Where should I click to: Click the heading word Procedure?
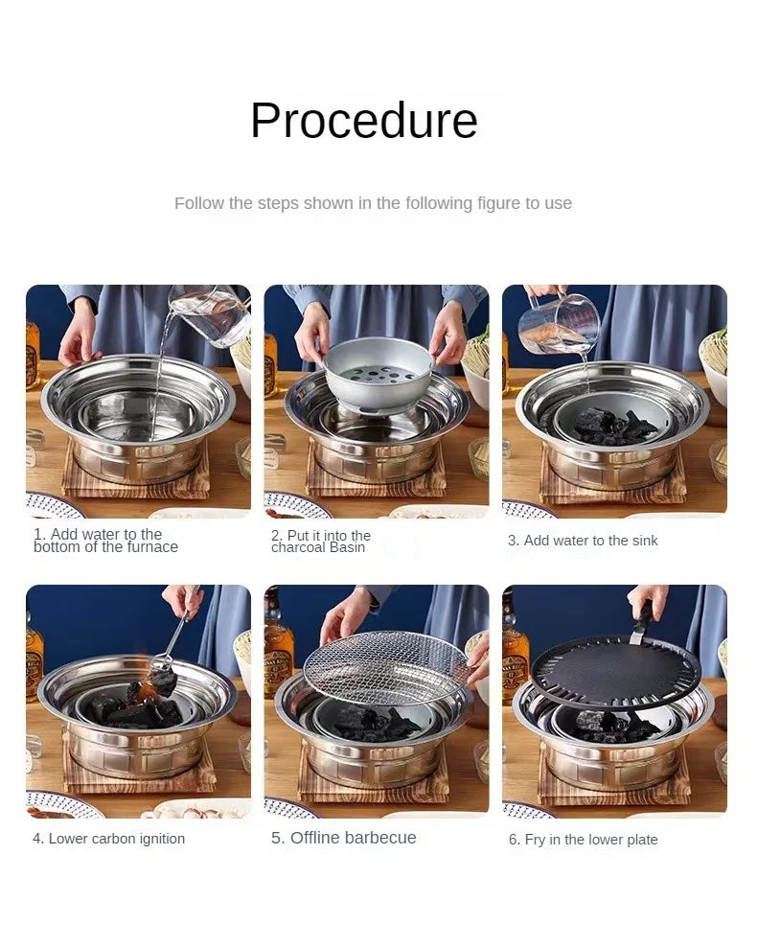tap(363, 121)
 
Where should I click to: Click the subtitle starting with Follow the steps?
tap(373, 203)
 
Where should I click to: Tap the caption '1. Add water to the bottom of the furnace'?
tap(105, 541)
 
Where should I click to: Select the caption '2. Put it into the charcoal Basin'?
tap(321, 542)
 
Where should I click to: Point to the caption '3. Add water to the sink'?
tap(583, 541)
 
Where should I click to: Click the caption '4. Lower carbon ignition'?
tap(108, 839)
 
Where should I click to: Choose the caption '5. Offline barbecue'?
tap(344, 838)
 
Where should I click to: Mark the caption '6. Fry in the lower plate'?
tap(583, 840)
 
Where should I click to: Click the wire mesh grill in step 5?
tap(386, 667)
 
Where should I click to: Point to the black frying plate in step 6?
tap(613, 672)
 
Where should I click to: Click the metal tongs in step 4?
tap(174, 633)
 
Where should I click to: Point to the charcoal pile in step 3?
tap(613, 425)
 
